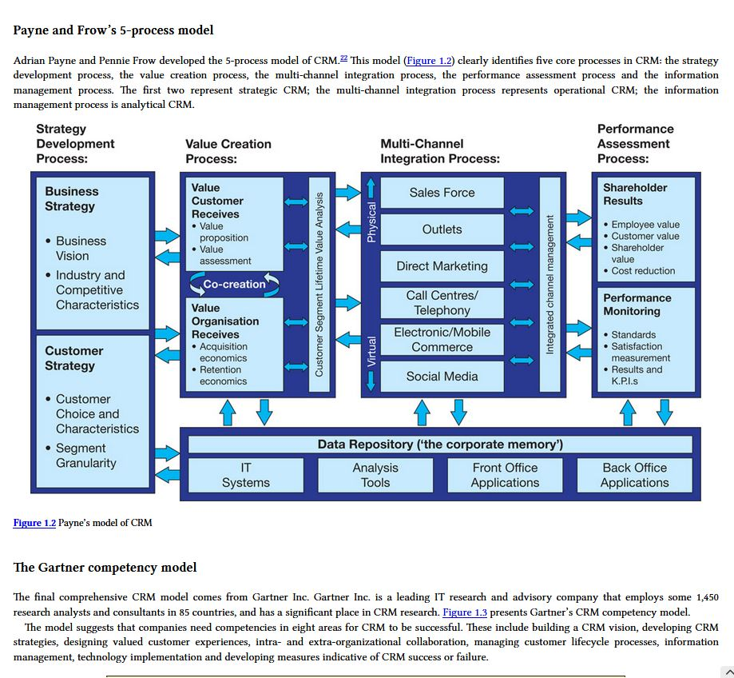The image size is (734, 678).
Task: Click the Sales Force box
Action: pyautogui.click(x=442, y=193)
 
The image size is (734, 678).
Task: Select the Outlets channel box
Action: pyautogui.click(x=442, y=229)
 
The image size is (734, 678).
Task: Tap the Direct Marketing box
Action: pyautogui.click(x=442, y=266)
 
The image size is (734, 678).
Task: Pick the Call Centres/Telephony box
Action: pyautogui.click(x=442, y=303)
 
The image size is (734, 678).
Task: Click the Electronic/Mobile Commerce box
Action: pyautogui.click(x=442, y=340)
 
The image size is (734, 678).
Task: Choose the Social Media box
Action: pyautogui.click(x=442, y=377)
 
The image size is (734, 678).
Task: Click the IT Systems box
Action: pyautogui.click(x=245, y=475)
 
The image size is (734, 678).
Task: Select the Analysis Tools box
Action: pyautogui.click(x=375, y=475)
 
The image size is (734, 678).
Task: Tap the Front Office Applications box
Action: pyautogui.click(x=505, y=475)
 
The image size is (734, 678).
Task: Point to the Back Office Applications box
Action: pyautogui.click(x=634, y=475)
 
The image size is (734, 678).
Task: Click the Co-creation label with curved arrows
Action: pyautogui.click(x=234, y=284)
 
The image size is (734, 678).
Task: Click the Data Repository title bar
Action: pyautogui.click(x=440, y=445)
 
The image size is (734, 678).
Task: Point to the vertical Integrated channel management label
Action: pyautogui.click(x=550, y=284)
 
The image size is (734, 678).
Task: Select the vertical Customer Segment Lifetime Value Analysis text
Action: pyautogui.click(x=319, y=284)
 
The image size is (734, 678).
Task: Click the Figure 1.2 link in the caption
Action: pyautogui.click(x=34, y=523)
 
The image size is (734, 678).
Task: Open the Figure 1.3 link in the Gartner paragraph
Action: pyautogui.click(x=464, y=612)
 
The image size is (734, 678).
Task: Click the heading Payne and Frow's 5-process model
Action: pyautogui.click(x=113, y=30)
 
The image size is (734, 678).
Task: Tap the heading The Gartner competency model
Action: pyautogui.click(x=105, y=568)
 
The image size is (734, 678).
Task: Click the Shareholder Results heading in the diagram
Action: pyautogui.click(x=635, y=194)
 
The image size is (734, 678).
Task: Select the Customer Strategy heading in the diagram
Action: pyautogui.click(x=73, y=358)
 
